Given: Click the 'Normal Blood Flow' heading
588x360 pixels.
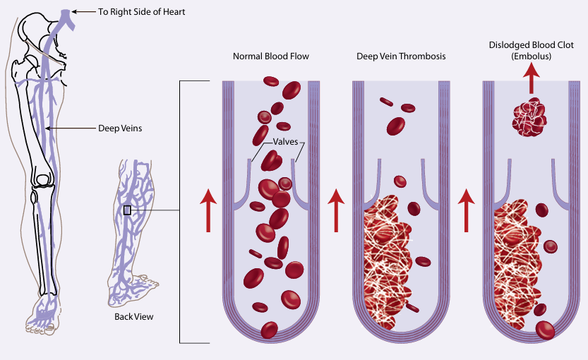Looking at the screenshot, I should point(271,56).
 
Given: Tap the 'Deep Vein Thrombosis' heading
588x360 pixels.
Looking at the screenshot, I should point(400,56).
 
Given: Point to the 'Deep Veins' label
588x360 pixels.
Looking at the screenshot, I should point(118,128).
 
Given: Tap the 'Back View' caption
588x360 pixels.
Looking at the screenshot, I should point(134,316).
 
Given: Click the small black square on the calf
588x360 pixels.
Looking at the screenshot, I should point(127,210).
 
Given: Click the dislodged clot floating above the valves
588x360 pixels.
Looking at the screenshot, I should point(529,118).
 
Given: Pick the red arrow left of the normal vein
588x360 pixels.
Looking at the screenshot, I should point(208,210).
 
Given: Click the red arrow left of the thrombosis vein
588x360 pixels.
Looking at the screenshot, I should point(336,210).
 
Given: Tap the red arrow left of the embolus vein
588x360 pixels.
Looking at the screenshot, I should point(465,210).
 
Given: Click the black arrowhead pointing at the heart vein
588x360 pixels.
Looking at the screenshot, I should point(77,11).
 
